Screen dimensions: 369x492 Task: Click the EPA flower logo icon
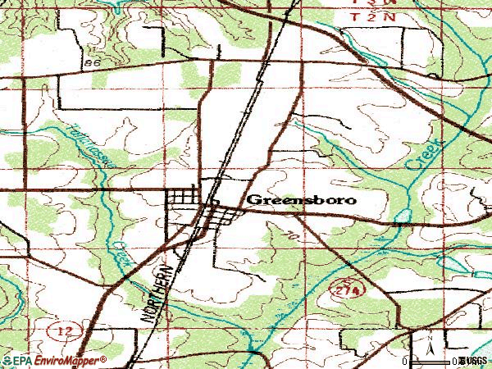[x=7, y=361]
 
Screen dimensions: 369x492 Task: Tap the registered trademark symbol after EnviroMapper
[x=103, y=358]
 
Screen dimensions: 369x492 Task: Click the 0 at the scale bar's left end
[x=405, y=360]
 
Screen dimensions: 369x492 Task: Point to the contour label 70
[x=290, y=235]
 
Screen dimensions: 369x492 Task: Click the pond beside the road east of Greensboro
[x=402, y=218]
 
